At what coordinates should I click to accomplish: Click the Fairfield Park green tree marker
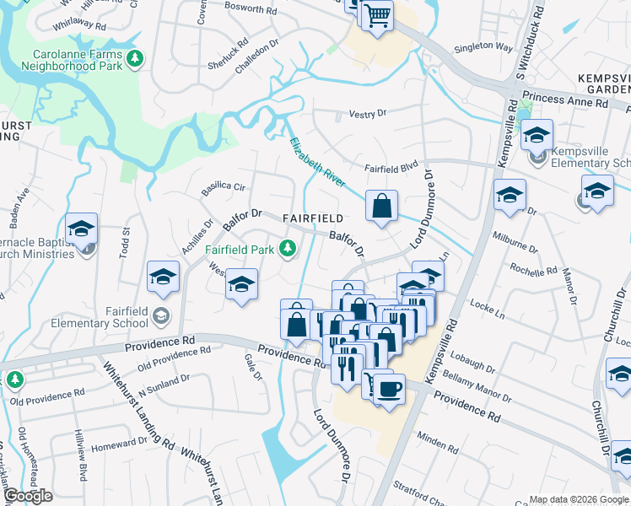tap(288, 248)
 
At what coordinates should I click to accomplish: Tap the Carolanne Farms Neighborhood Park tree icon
tap(134, 59)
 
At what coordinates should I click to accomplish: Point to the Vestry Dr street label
tap(367, 113)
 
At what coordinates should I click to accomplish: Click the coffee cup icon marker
tap(388, 389)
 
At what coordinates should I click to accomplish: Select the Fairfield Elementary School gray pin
tap(161, 316)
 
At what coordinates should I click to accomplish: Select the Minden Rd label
tap(435, 441)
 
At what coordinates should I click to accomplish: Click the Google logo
tap(28, 496)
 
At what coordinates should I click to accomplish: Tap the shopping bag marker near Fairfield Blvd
tap(382, 205)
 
